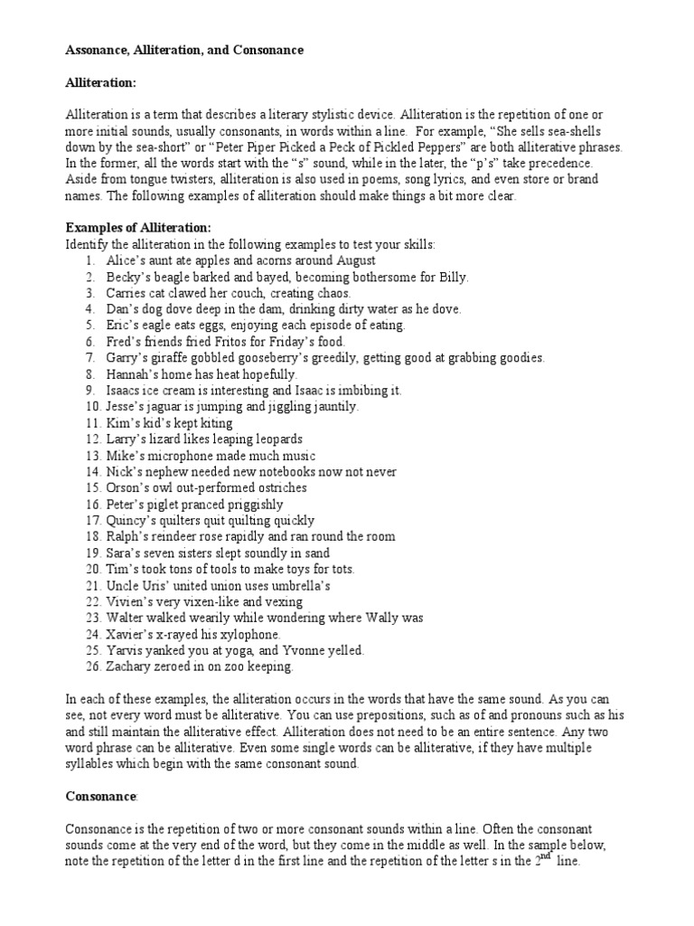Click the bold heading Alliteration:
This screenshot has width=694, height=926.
[x=100, y=82]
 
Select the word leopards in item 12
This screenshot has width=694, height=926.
[x=274, y=439]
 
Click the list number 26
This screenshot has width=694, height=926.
[x=90, y=667]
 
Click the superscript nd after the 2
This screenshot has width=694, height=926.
[x=546, y=855]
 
